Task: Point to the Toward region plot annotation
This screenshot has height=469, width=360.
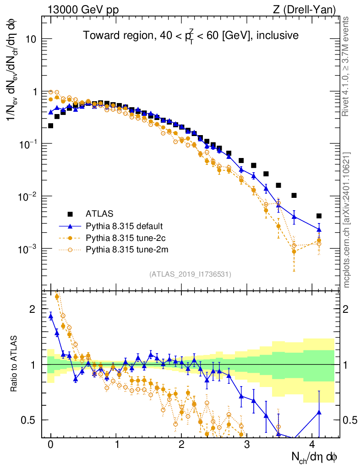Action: (x=191, y=35)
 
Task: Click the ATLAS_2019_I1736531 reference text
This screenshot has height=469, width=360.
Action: (x=190, y=274)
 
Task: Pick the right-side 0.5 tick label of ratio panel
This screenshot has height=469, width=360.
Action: (x=351, y=420)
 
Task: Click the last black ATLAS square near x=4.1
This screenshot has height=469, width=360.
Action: (x=319, y=216)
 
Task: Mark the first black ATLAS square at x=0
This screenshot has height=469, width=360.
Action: (x=50, y=125)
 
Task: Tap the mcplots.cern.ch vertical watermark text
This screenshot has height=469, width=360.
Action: (x=347, y=220)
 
